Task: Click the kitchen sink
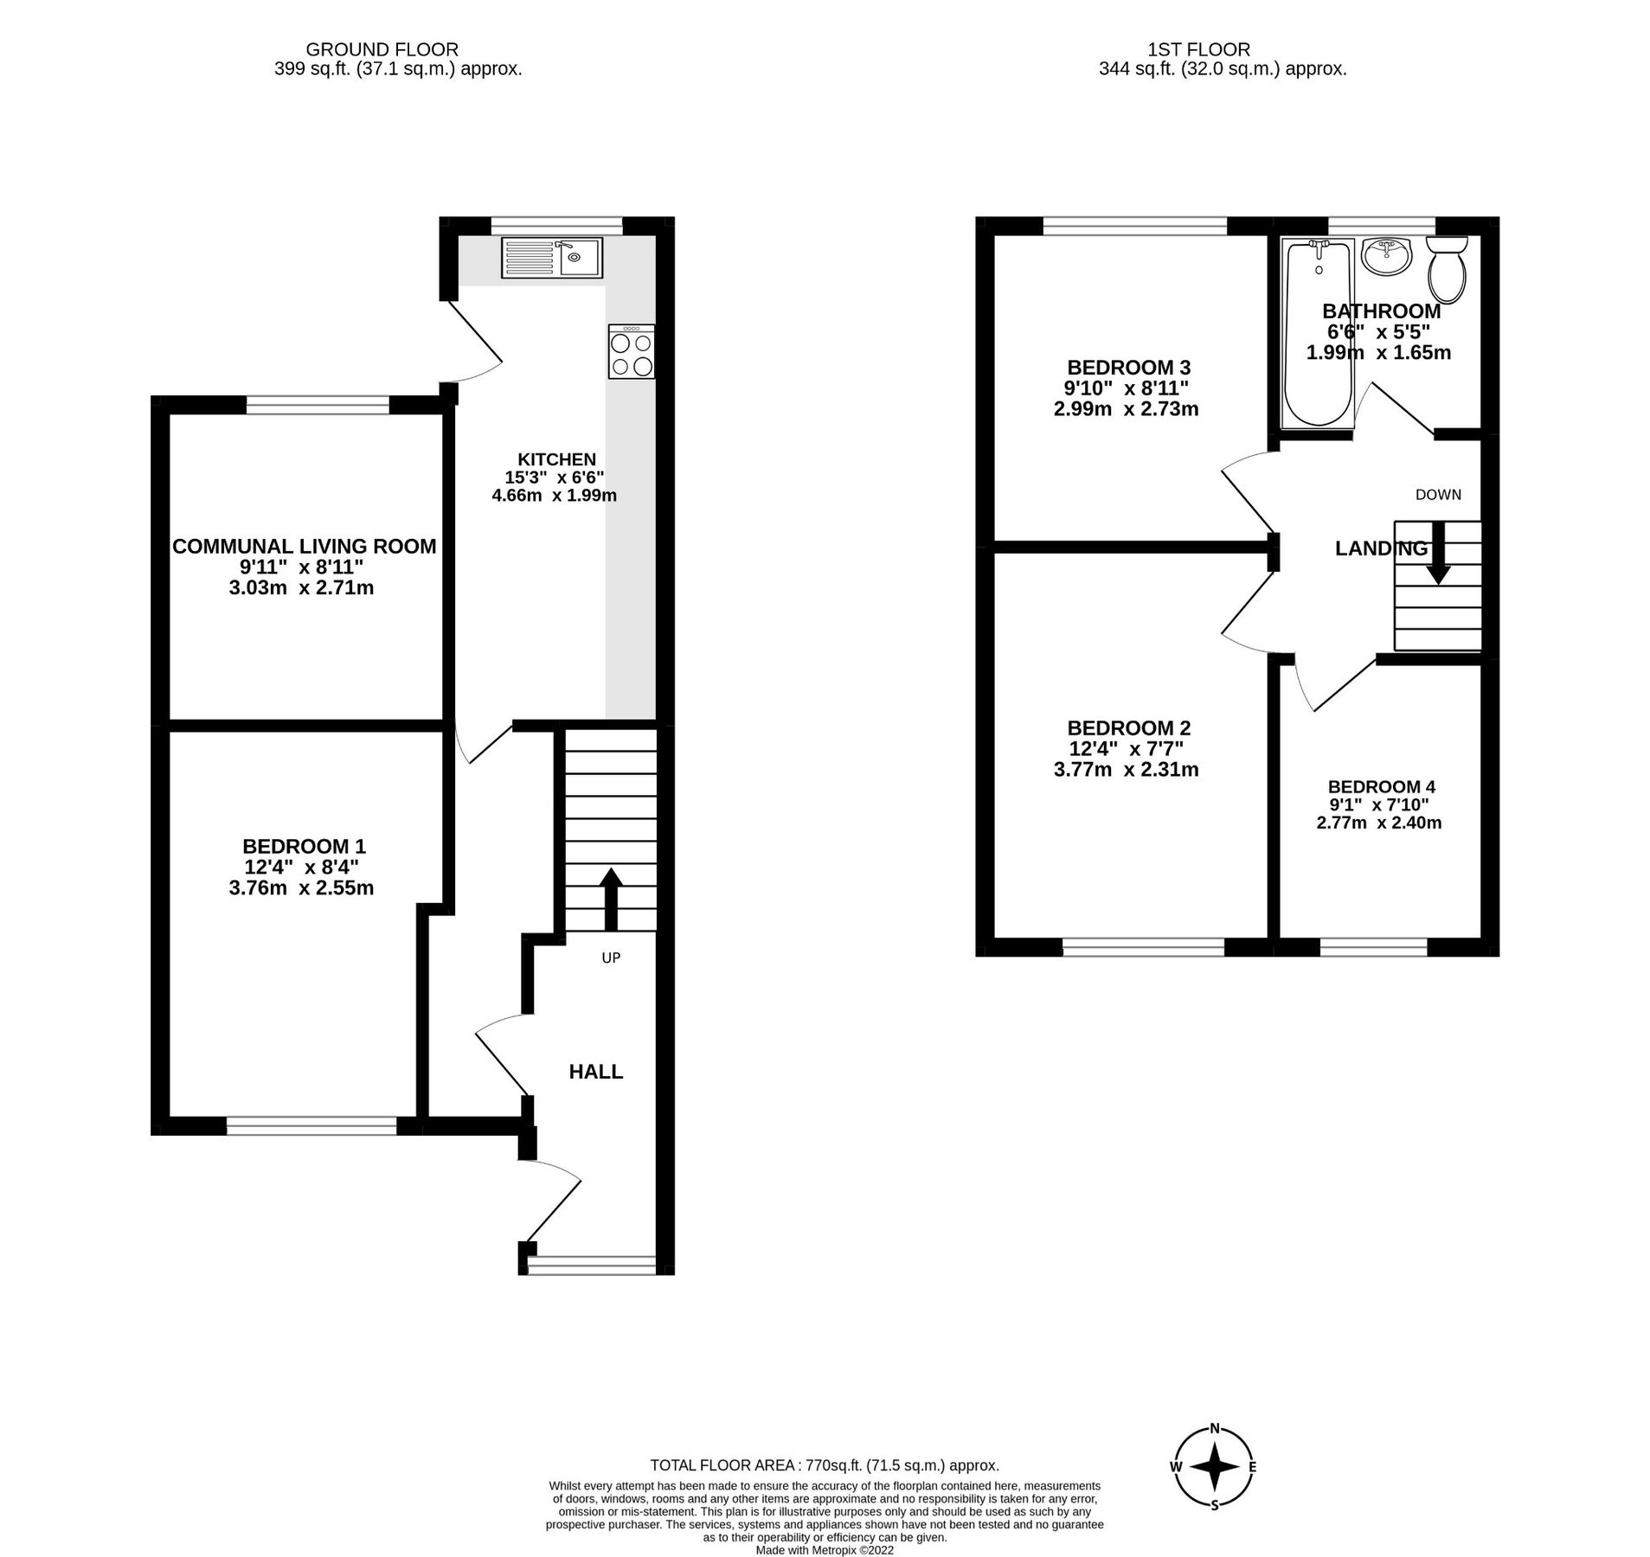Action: [550, 258]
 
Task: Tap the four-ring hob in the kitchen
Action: [631, 352]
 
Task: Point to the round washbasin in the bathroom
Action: [1385, 256]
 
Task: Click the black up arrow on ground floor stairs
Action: [611, 897]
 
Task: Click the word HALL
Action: [595, 1072]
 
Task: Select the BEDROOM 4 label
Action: [1381, 786]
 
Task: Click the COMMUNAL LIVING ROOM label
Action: [304, 546]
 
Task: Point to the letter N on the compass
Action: [1215, 1428]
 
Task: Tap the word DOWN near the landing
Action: [1438, 495]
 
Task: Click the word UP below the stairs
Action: [611, 958]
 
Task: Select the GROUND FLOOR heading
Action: [382, 50]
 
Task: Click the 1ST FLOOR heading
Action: [1222, 50]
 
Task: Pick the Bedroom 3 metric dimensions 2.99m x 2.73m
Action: [1126, 409]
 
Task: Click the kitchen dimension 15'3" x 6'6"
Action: [555, 477]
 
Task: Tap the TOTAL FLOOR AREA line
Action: [824, 1465]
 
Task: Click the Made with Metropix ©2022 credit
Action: [824, 1550]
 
